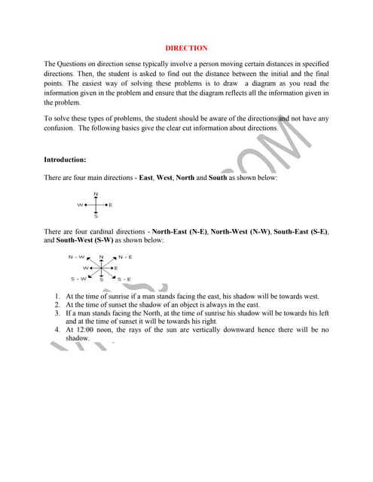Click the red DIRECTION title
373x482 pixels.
pos(186,48)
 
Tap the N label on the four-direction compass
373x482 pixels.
pos(96,194)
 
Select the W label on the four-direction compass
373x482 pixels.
pos(78,205)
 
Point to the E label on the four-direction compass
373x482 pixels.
pos(111,205)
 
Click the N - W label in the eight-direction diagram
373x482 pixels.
pos(77,257)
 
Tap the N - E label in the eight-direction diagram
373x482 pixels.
pos(124,257)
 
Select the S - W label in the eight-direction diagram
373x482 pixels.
pos(78,279)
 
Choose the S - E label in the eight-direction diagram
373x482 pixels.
pos(123,279)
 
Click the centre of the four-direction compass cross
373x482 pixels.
pos(96,205)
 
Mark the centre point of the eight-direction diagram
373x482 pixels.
pos(101,268)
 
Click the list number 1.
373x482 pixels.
pos(58,297)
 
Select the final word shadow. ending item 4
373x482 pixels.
pos(78,339)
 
